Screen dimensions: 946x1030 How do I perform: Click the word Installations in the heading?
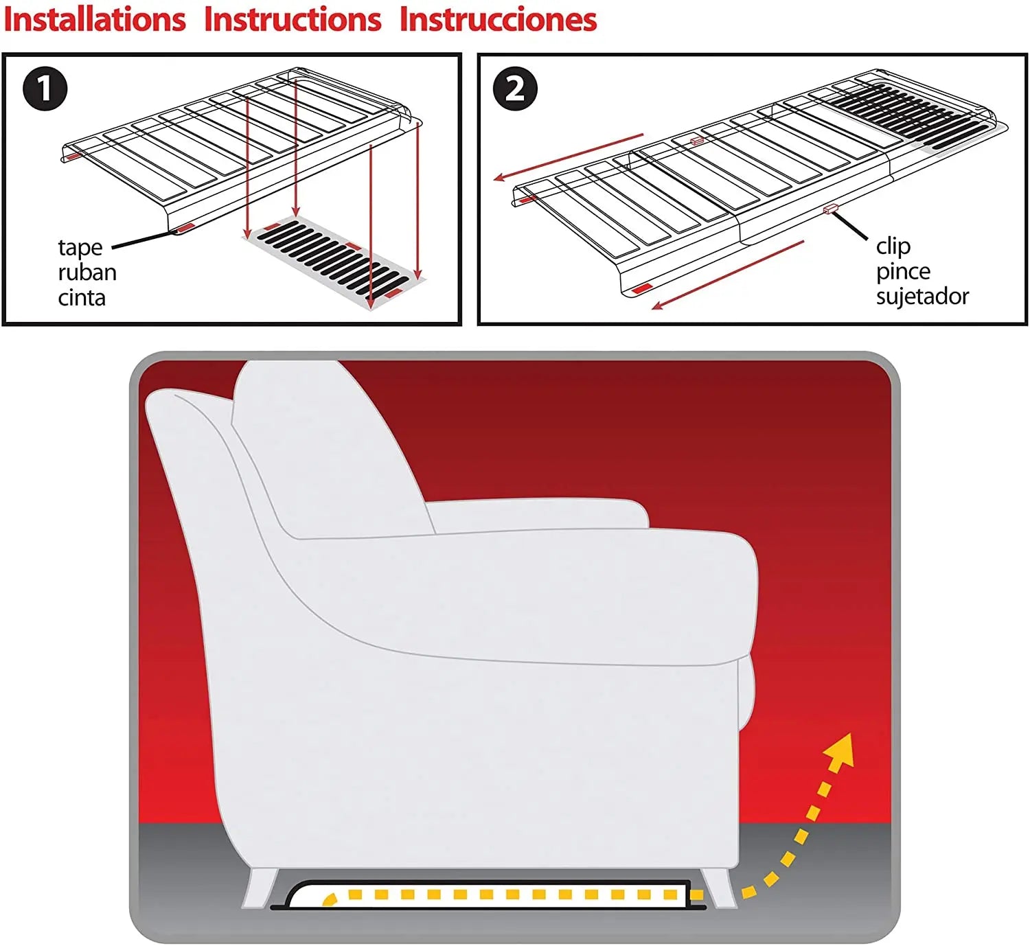[x=95, y=19]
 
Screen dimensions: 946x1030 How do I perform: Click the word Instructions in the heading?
[x=293, y=19]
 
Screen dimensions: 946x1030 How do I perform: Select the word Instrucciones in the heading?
[x=498, y=19]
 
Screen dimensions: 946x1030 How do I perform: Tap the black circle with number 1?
[x=45, y=89]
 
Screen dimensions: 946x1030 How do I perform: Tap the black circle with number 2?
[x=515, y=89]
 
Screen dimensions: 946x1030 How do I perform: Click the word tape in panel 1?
[x=80, y=247]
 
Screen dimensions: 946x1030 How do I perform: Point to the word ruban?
[x=87, y=273]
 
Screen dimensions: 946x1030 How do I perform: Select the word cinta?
[x=82, y=298]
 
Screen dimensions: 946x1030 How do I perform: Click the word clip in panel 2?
[x=893, y=246]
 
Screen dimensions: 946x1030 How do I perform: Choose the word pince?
[x=903, y=271]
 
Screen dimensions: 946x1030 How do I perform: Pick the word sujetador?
[x=922, y=297]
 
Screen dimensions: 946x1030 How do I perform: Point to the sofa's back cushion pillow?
[x=323, y=446]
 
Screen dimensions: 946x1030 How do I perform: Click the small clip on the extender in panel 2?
[x=829, y=209]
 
